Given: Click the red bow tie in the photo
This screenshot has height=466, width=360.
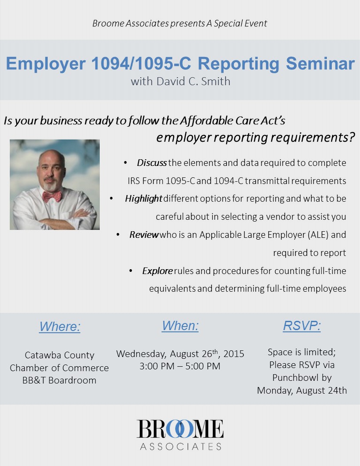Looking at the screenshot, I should tap(52, 196).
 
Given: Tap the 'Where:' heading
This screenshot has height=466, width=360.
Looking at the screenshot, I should tap(60, 327).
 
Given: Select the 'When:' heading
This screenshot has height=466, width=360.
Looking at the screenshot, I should tap(180, 326).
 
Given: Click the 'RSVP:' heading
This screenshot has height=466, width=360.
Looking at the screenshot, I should tap(302, 326).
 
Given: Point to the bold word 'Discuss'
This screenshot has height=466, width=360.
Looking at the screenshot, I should tap(151, 163).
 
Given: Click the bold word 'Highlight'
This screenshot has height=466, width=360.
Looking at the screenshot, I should tap(143, 199).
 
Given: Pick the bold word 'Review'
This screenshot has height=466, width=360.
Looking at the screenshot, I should tap(144, 235).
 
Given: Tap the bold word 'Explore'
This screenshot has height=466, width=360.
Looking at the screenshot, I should tap(157, 271).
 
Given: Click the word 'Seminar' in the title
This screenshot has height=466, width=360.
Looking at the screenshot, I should tap(320, 64).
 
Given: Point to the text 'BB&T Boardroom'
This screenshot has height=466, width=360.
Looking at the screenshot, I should tap(59, 380).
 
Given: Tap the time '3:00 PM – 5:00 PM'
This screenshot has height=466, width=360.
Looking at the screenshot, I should tap(180, 366).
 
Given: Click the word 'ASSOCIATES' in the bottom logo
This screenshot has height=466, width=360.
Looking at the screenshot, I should tap(180, 447).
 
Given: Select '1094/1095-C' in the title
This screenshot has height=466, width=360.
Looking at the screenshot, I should tap(142, 64).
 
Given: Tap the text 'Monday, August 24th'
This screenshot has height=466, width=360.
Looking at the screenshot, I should tap(302, 391).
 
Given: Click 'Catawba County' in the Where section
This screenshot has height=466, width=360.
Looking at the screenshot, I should tap(59, 355).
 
